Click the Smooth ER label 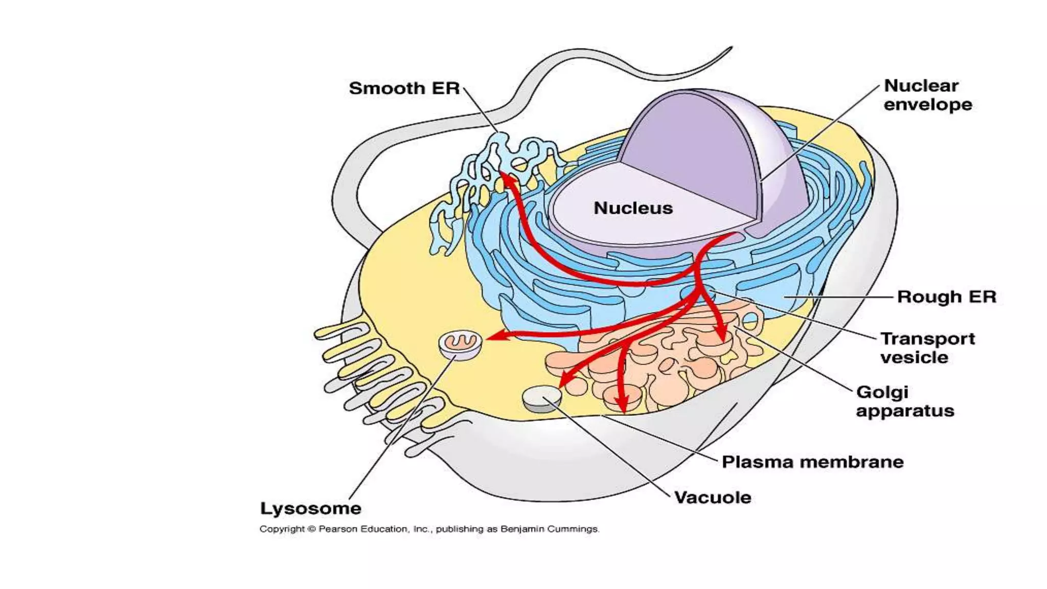[404, 88]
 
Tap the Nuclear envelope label [927, 95]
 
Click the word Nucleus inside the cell [633, 208]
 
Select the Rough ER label [947, 297]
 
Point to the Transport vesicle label [927, 348]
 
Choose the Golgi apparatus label [905, 401]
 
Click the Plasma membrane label [812, 462]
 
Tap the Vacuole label [713, 497]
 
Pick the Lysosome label [311, 509]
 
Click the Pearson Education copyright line [429, 529]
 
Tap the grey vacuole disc [541, 398]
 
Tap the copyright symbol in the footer [312, 529]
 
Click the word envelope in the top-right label [927, 105]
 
